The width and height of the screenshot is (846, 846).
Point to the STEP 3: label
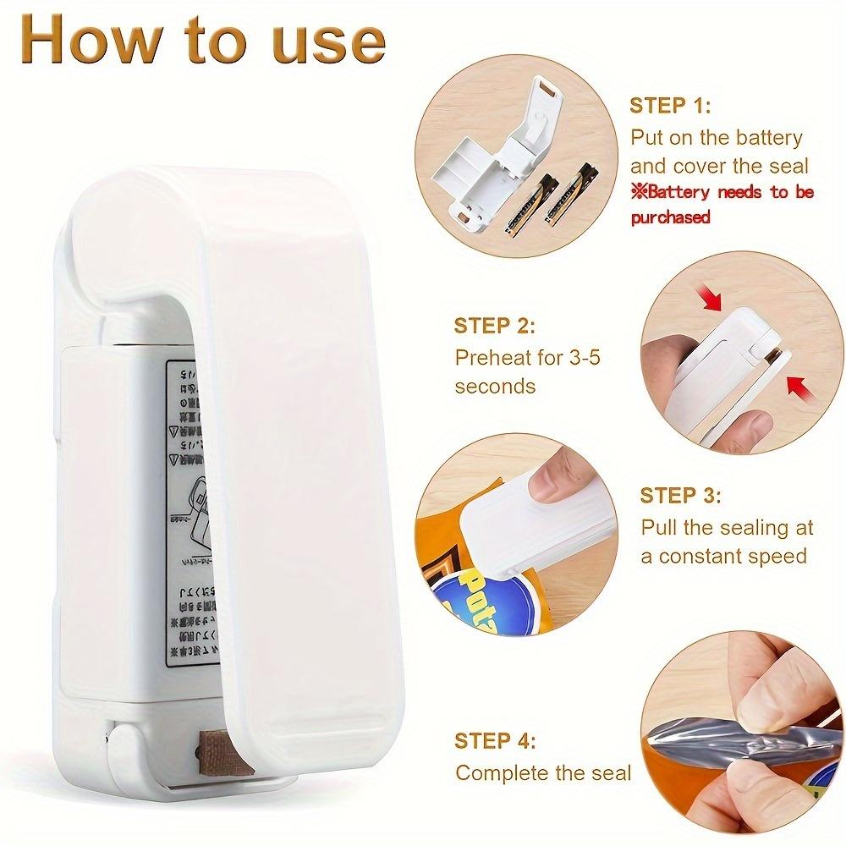click(x=680, y=495)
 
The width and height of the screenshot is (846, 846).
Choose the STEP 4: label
click(x=495, y=741)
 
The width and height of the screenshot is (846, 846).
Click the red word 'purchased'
click(x=670, y=217)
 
